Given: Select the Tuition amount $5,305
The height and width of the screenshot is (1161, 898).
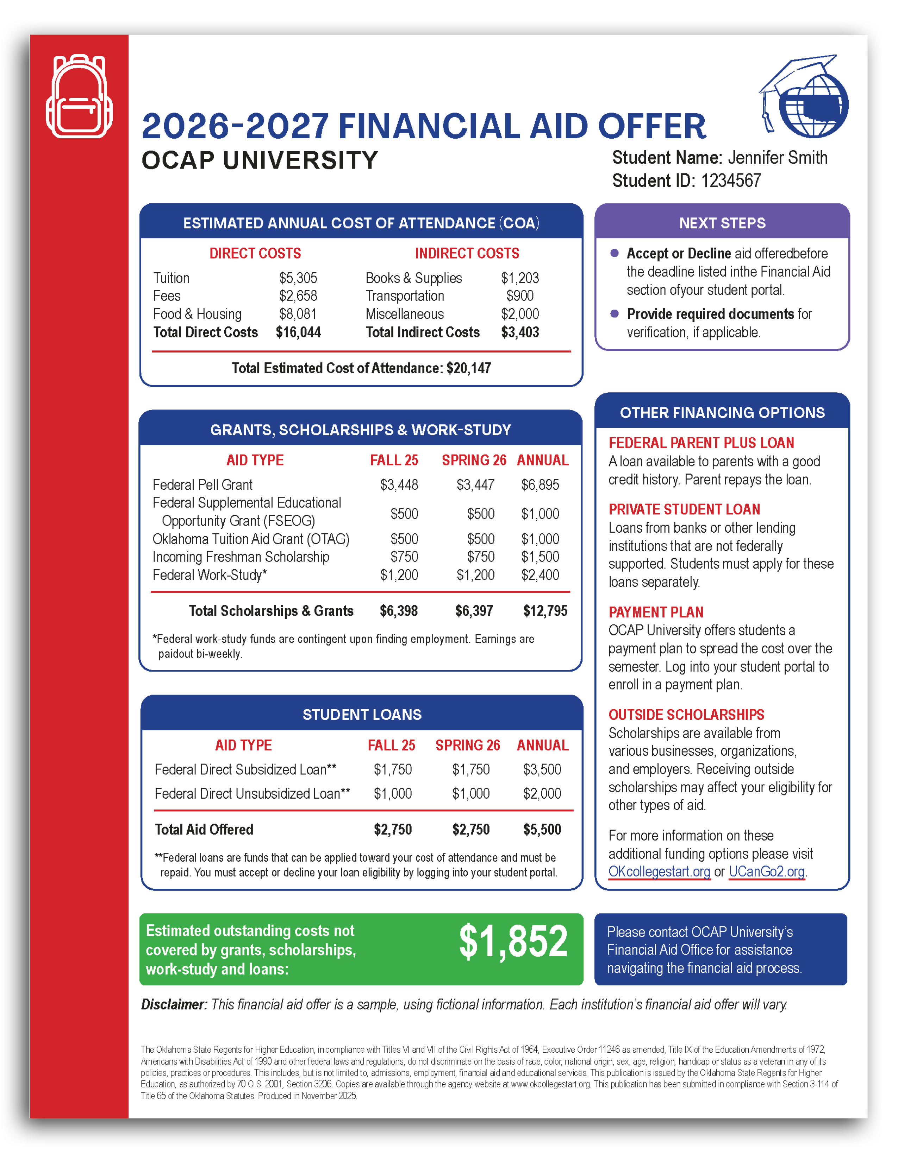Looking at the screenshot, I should coord(298,278).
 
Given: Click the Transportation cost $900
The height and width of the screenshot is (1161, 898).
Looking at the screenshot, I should coord(520,296).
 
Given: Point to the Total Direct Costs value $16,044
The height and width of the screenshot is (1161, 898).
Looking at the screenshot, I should coord(298,332).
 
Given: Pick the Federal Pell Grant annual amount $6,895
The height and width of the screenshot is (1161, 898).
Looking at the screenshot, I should coord(540,485).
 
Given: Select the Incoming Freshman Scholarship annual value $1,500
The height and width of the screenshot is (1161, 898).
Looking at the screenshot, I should coord(540,557).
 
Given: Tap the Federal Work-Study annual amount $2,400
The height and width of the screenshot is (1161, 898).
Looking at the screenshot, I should coord(540,575).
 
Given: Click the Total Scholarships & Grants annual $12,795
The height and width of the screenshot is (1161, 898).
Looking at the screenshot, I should coord(545,611).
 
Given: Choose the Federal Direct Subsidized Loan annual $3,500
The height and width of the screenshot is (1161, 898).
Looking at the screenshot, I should coord(542,769).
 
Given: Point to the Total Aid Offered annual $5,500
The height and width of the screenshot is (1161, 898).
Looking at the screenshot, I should coord(542,829).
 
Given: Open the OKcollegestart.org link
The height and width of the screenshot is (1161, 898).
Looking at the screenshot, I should coord(659,871).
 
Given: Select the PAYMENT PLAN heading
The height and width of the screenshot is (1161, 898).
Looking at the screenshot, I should coord(656,612).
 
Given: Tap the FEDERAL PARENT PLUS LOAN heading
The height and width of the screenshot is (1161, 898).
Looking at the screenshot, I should coord(701,443).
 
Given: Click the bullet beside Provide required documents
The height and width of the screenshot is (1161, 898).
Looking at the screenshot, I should coord(615,313).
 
